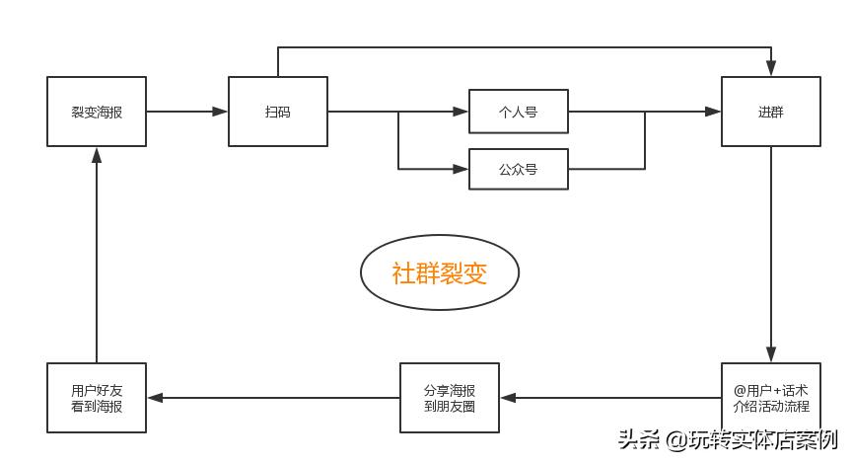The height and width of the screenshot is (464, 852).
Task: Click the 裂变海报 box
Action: [97, 112]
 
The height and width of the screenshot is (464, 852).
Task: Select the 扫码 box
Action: [278, 112]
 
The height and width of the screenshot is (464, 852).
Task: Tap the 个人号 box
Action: [518, 112]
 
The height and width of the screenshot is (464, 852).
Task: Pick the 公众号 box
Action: [518, 169]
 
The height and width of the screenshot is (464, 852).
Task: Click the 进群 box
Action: [770, 112]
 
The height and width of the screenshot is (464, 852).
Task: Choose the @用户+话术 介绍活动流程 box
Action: [770, 398]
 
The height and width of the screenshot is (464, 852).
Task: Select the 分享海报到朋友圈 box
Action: [449, 398]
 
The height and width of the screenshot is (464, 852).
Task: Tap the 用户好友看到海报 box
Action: [97, 398]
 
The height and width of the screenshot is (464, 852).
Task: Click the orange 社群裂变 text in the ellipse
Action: [439, 273]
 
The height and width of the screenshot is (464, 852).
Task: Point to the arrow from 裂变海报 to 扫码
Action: [187, 112]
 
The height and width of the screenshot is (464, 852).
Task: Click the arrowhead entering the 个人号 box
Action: [461, 112]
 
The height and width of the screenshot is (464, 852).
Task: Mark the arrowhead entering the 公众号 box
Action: [461, 169]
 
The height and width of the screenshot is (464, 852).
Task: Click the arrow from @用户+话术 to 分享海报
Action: [610, 398]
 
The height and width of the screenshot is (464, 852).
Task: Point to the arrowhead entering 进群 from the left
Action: [714, 112]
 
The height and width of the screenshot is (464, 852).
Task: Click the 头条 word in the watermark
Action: [638, 439]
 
